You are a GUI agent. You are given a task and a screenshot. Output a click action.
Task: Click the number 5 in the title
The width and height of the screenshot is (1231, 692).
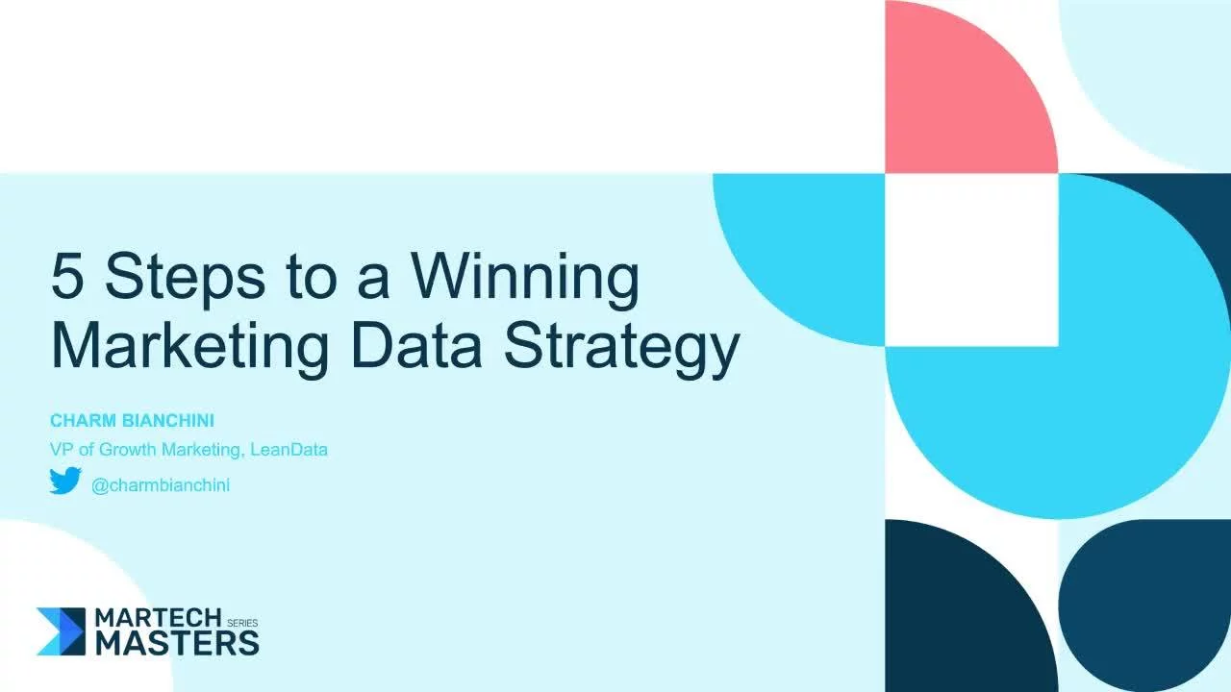69,277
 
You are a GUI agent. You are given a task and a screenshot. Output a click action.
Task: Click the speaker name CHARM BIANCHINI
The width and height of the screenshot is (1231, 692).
132,421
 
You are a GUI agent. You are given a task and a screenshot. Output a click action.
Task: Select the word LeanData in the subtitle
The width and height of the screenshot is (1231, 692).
289,449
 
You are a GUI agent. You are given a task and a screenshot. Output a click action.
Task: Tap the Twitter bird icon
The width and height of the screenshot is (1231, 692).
65,481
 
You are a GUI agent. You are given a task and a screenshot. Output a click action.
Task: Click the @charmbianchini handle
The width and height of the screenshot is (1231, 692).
161,485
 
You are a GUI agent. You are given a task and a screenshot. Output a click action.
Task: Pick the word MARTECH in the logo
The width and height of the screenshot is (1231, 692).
159,618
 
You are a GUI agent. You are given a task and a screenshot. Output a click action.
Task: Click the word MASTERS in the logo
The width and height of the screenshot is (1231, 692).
177,642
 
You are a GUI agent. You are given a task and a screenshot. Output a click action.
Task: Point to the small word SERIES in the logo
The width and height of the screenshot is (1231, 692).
242,623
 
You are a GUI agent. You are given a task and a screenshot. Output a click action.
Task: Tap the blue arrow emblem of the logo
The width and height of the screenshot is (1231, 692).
62,631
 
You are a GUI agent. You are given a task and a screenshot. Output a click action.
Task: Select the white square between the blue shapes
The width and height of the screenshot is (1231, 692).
971,259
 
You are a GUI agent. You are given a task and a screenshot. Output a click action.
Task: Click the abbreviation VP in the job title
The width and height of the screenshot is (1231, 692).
61,449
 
